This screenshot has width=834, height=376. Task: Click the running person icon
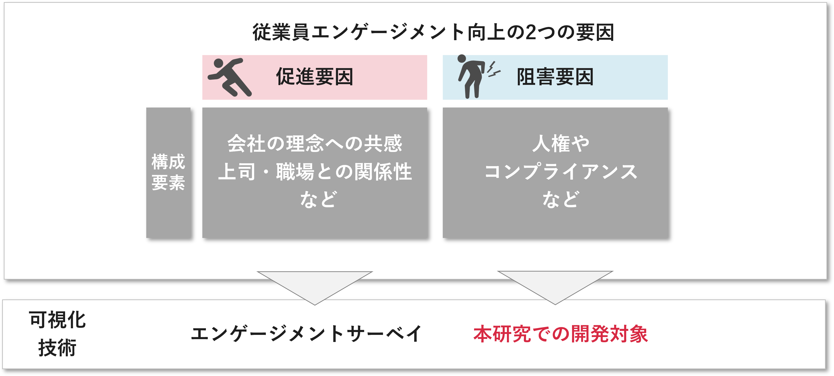(x=230, y=77)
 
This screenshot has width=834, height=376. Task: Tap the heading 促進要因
(x=314, y=77)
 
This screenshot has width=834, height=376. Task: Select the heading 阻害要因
(x=555, y=77)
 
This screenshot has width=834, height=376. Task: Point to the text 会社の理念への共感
(x=314, y=143)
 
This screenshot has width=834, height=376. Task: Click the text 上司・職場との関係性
(x=314, y=171)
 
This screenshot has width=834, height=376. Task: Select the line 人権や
(x=561, y=143)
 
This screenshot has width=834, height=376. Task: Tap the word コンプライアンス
(x=561, y=171)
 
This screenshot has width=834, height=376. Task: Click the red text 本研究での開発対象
(x=561, y=334)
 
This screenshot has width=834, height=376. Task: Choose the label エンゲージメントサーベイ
(x=306, y=334)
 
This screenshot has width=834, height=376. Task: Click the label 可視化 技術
(x=57, y=334)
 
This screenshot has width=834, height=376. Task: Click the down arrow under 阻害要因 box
(x=555, y=286)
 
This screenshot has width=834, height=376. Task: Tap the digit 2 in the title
(x=531, y=32)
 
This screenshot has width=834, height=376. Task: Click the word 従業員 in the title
(x=281, y=32)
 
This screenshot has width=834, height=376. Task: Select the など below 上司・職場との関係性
(x=318, y=199)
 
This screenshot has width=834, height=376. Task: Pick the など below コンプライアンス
(x=561, y=199)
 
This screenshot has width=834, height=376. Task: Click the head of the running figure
(x=219, y=63)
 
